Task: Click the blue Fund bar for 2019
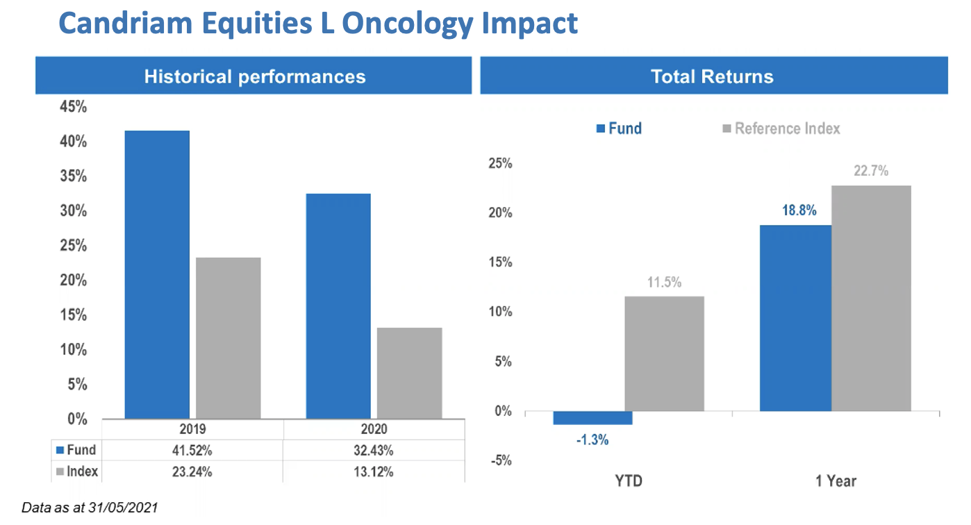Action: click(x=157, y=274)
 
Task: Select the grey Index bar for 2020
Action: click(x=409, y=374)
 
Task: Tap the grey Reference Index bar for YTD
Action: click(x=664, y=353)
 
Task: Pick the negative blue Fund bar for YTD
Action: click(x=592, y=418)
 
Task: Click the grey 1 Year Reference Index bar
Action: click(x=871, y=299)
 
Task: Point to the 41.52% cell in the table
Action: click(x=192, y=451)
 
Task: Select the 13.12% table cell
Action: click(x=373, y=472)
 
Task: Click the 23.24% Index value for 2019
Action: click(x=192, y=472)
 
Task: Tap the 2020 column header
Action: click(x=374, y=429)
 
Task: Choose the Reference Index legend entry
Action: click(x=781, y=128)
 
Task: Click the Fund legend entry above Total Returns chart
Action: click(x=619, y=128)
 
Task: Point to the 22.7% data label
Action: click(x=871, y=171)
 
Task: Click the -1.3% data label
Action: click(x=592, y=440)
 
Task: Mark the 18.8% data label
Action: click(x=799, y=210)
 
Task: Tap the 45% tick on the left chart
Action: click(x=73, y=107)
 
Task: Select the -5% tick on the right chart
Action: click(x=501, y=460)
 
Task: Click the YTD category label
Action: click(x=629, y=481)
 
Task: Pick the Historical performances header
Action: click(x=255, y=76)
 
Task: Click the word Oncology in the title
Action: click(x=408, y=24)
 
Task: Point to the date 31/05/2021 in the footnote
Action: click(x=123, y=508)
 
